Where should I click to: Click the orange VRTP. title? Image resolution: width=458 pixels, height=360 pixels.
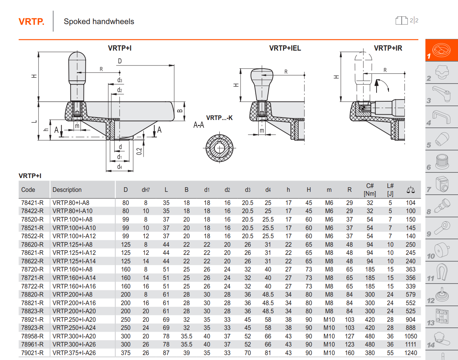click(x=32, y=22)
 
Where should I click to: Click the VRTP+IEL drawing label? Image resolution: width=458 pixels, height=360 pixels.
click(x=285, y=48)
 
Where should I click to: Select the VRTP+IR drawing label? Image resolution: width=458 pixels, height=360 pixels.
click(x=388, y=48)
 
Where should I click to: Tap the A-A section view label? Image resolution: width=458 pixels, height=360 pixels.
click(x=199, y=125)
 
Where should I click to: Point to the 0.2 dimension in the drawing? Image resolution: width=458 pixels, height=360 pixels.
click(x=139, y=151)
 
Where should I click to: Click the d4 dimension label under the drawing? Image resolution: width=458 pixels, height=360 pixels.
click(x=120, y=167)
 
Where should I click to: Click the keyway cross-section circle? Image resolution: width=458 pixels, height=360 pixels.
click(x=219, y=148)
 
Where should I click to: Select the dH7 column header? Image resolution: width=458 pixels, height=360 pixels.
click(x=146, y=190)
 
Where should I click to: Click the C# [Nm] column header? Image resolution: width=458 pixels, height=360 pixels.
click(x=370, y=190)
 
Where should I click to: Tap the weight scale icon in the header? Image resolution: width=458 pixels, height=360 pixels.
click(x=411, y=190)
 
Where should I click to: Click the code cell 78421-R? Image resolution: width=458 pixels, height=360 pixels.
click(x=32, y=203)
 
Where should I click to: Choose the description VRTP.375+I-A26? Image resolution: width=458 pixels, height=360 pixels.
click(x=74, y=353)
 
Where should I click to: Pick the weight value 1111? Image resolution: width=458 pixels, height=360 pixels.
click(x=411, y=344)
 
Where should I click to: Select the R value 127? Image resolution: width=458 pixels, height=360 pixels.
click(x=350, y=336)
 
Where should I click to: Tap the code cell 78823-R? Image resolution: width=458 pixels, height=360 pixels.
click(x=32, y=311)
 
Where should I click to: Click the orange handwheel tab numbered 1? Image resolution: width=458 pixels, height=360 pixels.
click(x=442, y=50)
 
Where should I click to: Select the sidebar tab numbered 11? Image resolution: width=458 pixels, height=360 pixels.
click(x=442, y=273)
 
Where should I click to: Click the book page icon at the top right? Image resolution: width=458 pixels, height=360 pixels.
click(x=401, y=21)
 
